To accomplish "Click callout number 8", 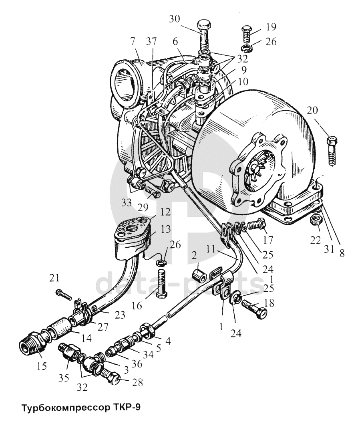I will [341, 253].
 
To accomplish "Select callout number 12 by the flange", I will [154, 212].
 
